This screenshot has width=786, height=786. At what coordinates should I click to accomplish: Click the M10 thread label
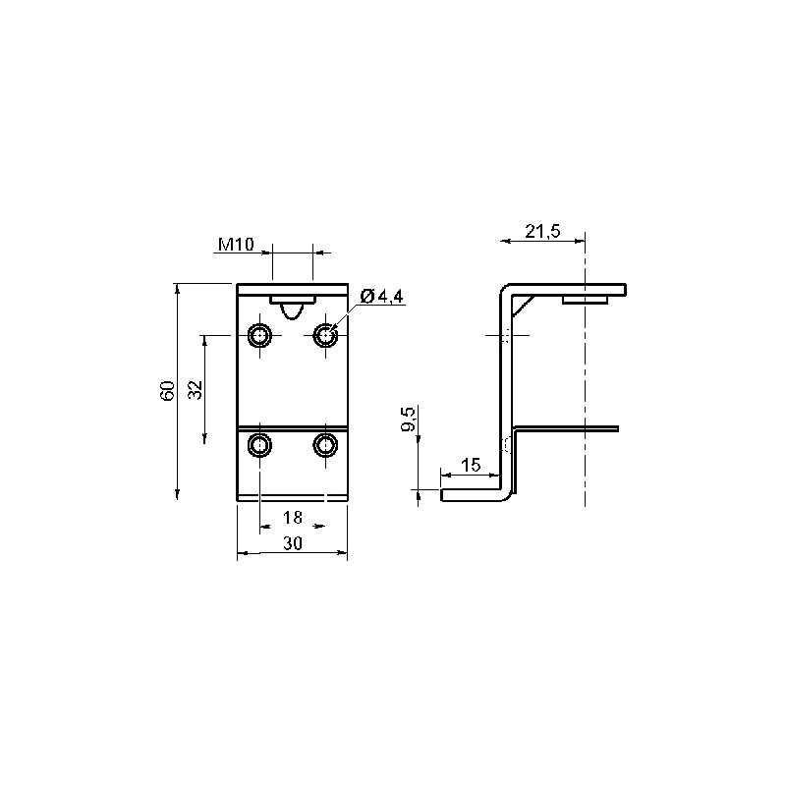tap(236, 244)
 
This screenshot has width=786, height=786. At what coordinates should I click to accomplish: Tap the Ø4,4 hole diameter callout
tap(381, 297)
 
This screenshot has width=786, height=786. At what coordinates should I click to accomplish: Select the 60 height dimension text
tap(167, 390)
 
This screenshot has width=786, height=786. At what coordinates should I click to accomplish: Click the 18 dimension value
tap(292, 518)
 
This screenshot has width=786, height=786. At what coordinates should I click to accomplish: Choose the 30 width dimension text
tap(292, 543)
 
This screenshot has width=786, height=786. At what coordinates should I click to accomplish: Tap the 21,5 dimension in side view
tap(543, 231)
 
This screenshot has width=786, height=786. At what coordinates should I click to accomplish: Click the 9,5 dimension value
tap(409, 420)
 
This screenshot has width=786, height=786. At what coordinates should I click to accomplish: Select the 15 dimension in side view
tap(471, 465)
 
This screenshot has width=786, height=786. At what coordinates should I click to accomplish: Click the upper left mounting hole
tap(260, 335)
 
